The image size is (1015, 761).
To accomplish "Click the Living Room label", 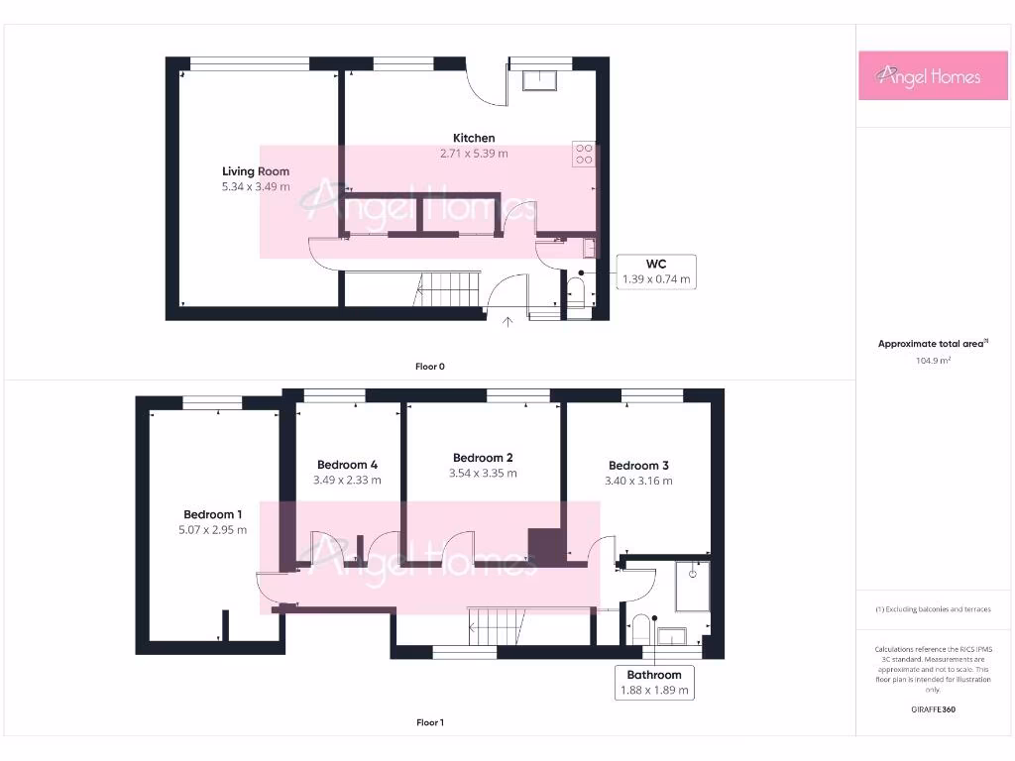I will click(256, 171).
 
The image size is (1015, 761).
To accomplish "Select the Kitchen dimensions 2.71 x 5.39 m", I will click(474, 154).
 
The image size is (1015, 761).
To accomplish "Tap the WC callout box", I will click(655, 271).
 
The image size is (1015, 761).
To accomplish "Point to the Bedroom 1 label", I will click(212, 514).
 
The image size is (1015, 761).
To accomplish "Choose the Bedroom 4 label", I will click(347, 464).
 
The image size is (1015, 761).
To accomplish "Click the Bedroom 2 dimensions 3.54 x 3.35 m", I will click(483, 473).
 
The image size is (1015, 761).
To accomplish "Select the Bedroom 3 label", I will click(638, 465).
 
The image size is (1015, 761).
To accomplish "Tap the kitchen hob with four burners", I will click(583, 154).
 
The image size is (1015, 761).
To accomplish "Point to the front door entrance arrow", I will click(508, 321).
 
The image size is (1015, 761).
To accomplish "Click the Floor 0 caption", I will click(429, 367).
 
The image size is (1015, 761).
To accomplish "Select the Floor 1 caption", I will click(429, 723).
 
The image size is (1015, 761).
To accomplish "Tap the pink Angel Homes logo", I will click(933, 76).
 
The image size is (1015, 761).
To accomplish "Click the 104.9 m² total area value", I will click(933, 361).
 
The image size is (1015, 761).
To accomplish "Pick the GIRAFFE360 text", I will click(933, 709).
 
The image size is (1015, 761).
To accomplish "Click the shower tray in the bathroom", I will click(692, 585).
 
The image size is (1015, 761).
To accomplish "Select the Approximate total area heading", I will click(933, 344).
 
